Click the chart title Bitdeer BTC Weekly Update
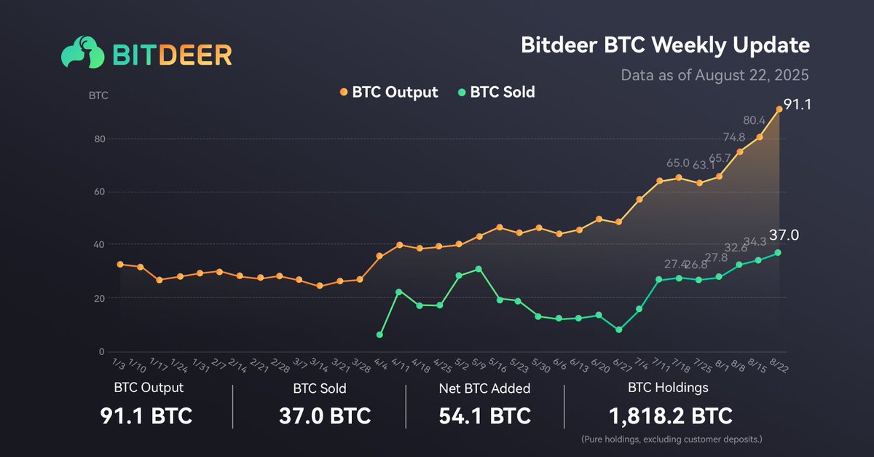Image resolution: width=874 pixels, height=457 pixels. click(665, 45)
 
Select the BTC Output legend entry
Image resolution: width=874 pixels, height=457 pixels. click(389, 93)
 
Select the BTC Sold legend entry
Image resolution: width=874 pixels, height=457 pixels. click(496, 93)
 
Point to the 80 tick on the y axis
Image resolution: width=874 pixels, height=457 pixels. click(102, 138)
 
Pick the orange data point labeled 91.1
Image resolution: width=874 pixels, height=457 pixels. click(779, 109)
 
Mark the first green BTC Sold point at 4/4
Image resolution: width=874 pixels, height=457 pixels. click(379, 335)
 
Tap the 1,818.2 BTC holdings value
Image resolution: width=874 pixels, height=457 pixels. click(670, 416)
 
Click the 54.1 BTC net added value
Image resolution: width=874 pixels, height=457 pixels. click(484, 416)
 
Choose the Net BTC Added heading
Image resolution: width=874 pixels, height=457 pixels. click(484, 388)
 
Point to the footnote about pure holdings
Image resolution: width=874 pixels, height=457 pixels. click(670, 440)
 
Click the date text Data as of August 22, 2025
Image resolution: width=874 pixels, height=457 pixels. click(714, 75)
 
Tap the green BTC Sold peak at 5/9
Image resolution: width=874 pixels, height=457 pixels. click(479, 269)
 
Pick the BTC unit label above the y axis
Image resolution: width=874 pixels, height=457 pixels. click(98, 95)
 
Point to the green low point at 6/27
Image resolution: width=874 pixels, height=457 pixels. click(619, 330)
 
